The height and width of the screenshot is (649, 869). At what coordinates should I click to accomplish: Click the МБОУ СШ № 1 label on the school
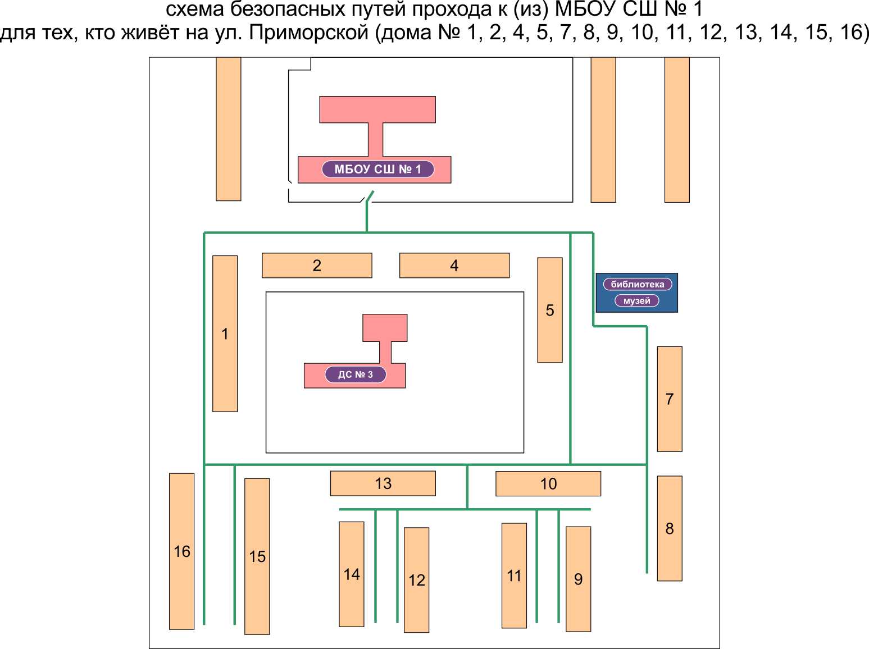point(377,170)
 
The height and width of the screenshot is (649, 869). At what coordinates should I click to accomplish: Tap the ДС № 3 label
point(355,374)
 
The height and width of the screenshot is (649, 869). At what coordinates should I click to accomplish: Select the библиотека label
point(638,284)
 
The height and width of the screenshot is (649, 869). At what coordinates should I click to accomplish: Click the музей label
point(636,300)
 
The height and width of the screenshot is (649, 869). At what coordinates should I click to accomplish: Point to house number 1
point(225,333)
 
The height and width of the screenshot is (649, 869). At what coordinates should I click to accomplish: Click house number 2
point(317,266)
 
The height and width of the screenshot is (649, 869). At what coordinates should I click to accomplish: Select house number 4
point(454,266)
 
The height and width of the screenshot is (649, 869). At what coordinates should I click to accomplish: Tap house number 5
point(550,310)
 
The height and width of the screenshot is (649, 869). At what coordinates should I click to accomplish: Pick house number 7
point(670,399)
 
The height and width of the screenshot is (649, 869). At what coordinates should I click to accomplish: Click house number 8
point(670,528)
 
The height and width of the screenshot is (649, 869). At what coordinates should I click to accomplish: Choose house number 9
point(579,579)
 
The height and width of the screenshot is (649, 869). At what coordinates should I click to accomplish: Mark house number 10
point(548,483)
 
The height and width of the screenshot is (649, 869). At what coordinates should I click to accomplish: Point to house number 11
point(515,575)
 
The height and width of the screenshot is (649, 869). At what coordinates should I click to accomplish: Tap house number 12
point(416,580)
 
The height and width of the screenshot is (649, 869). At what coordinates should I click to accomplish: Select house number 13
point(383,483)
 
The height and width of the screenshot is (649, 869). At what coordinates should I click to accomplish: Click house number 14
point(352,574)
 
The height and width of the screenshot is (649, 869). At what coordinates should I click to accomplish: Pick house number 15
point(257,556)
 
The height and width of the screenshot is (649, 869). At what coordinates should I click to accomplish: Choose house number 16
point(181,551)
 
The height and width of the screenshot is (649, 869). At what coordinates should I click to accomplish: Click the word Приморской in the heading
point(309,33)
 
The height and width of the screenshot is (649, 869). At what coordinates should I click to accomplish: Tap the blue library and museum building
point(637,292)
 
